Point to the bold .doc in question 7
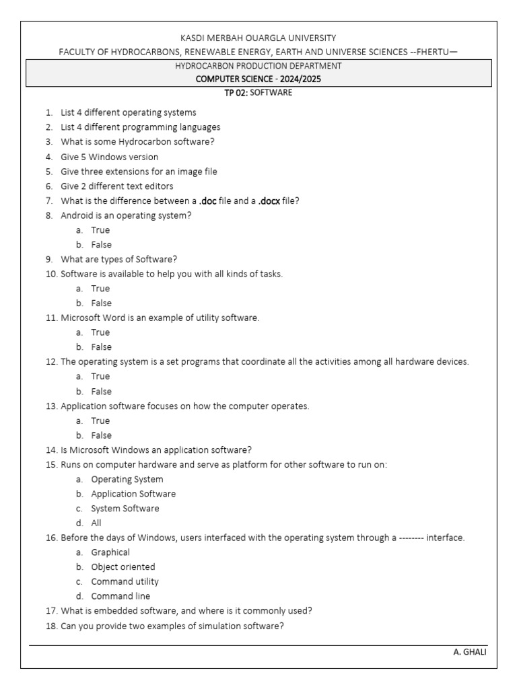tap(207, 201)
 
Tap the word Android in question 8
tap(76, 215)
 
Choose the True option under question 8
tap(100, 230)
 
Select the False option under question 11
tap(101, 347)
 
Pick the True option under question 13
tap(100, 421)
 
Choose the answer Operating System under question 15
tap(127, 479)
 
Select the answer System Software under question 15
tap(125, 509)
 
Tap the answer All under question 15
tap(96, 523)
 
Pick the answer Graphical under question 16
tap(110, 552)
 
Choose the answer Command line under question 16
tap(120, 596)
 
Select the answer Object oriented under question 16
tap(123, 567)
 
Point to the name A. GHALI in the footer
tap(470, 652)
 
